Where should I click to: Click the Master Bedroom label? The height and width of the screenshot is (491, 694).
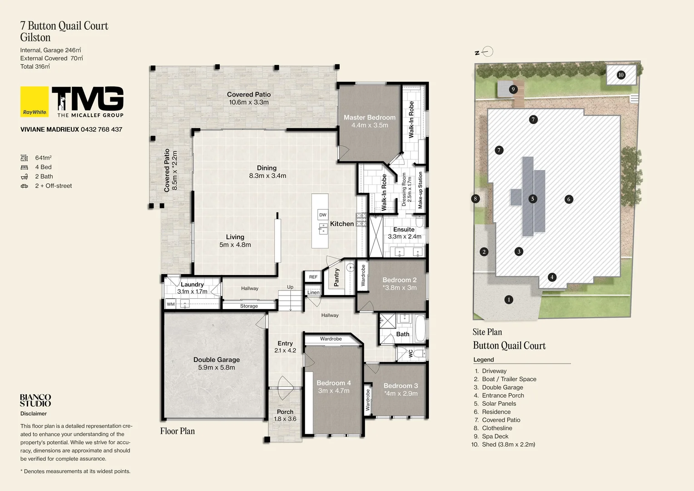click(x=369, y=117)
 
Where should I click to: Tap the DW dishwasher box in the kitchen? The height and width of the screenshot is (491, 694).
click(x=322, y=215)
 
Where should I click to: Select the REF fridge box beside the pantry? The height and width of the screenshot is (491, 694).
click(x=313, y=277)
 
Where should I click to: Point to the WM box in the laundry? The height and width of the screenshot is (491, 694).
click(x=171, y=304)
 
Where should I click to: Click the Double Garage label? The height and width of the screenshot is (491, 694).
click(x=216, y=360)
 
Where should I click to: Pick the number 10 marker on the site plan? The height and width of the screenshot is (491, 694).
click(x=621, y=75)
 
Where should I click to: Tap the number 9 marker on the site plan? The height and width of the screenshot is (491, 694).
click(x=513, y=89)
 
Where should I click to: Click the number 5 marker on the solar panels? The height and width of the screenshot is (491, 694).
click(x=533, y=199)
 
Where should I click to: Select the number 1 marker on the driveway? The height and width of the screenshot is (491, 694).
click(x=509, y=300)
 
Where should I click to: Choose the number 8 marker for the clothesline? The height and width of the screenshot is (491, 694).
click(x=476, y=199)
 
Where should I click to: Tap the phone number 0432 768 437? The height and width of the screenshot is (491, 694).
click(x=101, y=130)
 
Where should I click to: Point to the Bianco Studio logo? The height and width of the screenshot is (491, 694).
click(x=35, y=401)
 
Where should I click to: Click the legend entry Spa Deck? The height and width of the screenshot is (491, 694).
click(x=495, y=436)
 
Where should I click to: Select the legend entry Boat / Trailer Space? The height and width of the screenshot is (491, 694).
click(x=509, y=379)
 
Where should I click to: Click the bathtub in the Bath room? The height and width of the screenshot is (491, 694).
click(x=420, y=328)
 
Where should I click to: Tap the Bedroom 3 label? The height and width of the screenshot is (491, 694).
click(x=401, y=386)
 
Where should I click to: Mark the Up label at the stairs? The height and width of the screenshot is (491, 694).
click(x=290, y=287)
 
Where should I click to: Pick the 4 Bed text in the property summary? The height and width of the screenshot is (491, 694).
click(x=43, y=167)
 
